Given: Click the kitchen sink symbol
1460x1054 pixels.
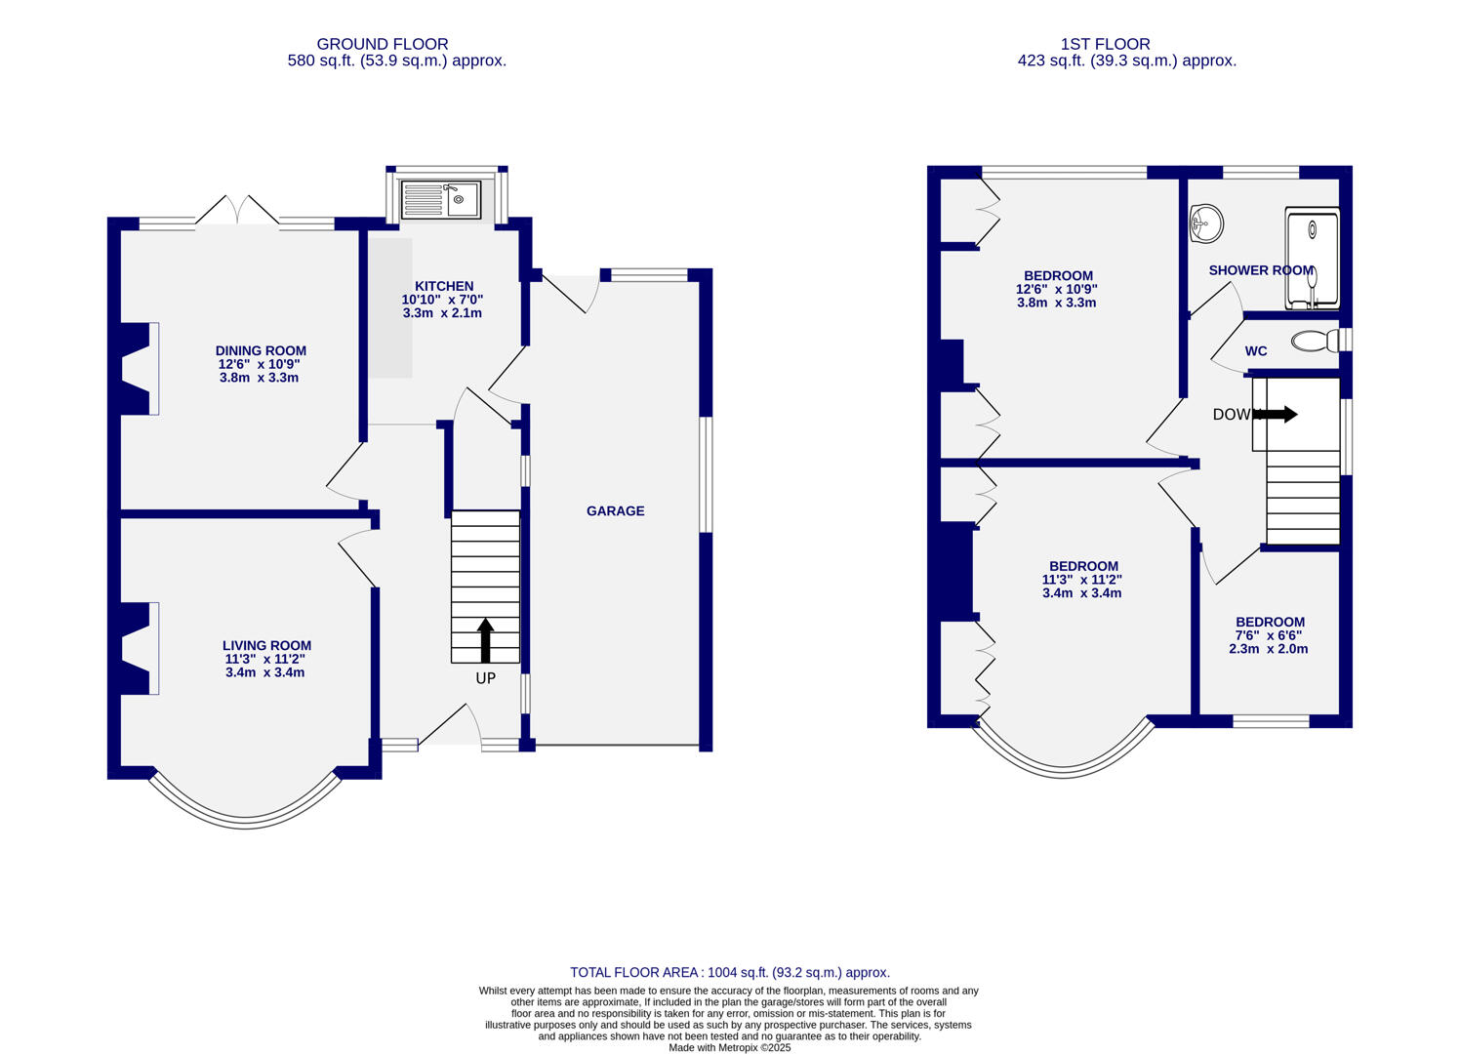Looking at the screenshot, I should pos(441,200).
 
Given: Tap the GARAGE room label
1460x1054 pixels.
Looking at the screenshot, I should pos(615,510).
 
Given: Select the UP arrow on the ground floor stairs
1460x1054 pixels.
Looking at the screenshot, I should pos(485,640).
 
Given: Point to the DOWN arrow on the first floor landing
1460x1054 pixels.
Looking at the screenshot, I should pos(1277,414).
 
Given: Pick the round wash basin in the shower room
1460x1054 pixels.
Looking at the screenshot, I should pos(1206,223).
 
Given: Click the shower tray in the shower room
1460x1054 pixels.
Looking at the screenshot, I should pos(1313,259).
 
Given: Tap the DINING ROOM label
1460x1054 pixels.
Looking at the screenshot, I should pos(261,350).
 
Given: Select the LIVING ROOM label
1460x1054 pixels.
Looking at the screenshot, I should pos(266,645).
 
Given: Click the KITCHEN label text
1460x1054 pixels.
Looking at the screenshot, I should pos(444,286).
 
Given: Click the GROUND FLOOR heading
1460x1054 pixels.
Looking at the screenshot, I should pos(383,44).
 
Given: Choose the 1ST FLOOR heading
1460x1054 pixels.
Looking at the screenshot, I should pos(1105,44).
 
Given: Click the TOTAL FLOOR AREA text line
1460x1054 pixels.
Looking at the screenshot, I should pos(729,972).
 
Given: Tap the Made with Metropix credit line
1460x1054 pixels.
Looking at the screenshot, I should pos(729,1047).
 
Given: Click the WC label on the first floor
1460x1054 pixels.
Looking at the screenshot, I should pos(1256,351).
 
